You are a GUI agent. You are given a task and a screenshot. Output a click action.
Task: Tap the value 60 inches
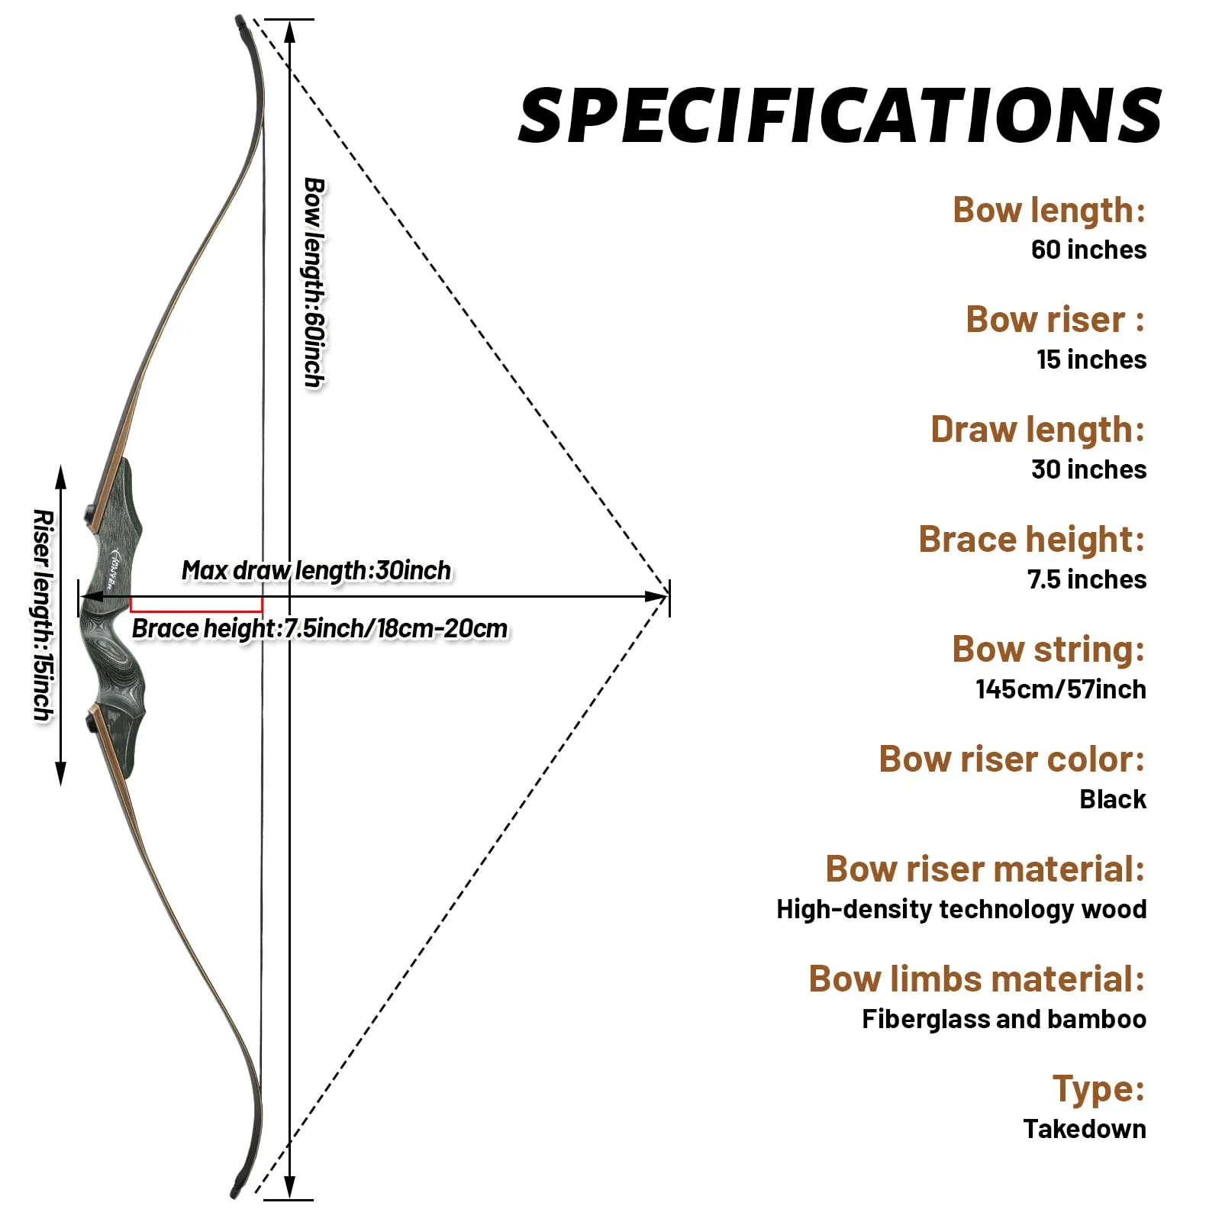pyautogui.click(x=1088, y=250)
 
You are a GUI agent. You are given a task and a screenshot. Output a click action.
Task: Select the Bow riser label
pyautogui.click(x=1055, y=319)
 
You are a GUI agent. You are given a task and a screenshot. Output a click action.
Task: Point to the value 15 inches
pyautogui.click(x=1091, y=360)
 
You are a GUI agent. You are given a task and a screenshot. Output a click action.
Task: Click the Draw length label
pyautogui.click(x=1037, y=430)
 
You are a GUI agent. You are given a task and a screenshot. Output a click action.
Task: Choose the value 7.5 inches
pyautogui.click(x=1086, y=579)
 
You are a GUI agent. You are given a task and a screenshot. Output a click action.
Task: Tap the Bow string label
pyautogui.click(x=1048, y=650)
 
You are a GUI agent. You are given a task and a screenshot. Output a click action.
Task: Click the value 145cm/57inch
pyautogui.click(x=1060, y=689)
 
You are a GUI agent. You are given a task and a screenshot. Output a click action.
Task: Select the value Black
pyautogui.click(x=1112, y=799)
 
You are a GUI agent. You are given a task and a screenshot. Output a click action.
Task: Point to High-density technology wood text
pyautogui.click(x=961, y=909)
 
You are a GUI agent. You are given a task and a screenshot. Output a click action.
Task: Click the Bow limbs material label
pyautogui.click(x=976, y=979)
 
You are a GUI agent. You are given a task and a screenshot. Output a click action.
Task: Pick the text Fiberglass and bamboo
pyautogui.click(x=1004, y=1019)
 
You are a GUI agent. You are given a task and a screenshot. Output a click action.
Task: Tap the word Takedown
pyautogui.click(x=1084, y=1129)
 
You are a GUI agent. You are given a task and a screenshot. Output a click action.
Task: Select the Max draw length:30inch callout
pyautogui.click(x=316, y=570)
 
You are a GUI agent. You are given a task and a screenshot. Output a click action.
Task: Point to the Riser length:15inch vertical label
pyautogui.click(x=44, y=614)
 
